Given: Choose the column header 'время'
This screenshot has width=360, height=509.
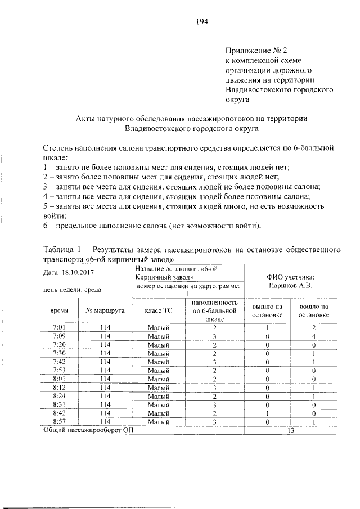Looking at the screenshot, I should tap(60, 310).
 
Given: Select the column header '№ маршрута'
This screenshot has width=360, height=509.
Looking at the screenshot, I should tap(106, 310).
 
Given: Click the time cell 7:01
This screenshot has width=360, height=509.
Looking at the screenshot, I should tap(59, 327).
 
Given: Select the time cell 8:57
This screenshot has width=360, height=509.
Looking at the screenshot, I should tap(59, 421).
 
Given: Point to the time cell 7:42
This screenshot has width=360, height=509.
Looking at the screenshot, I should tap(59, 362).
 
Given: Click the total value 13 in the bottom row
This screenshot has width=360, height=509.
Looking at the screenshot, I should tap(291, 430).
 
